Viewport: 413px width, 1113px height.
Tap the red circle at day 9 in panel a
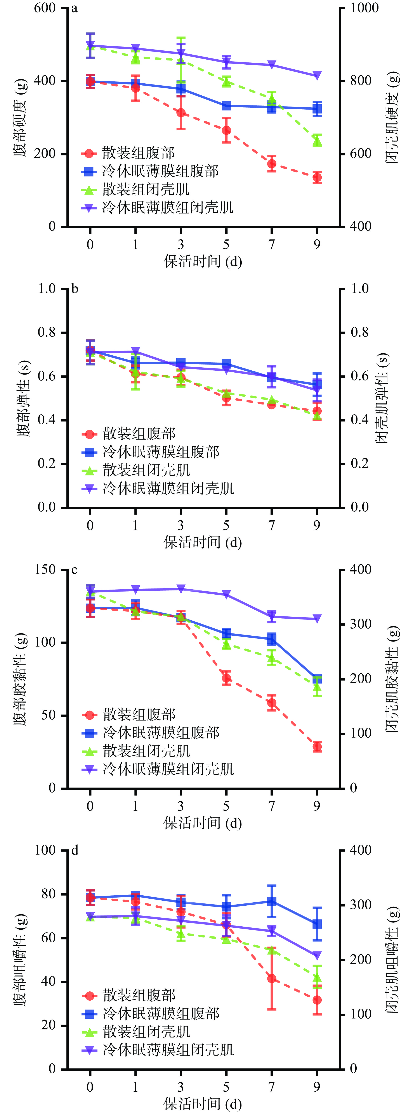tap(317, 177)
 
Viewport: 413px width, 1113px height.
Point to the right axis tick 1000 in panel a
tap(364, 8)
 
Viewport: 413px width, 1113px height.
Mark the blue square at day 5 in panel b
tap(226, 364)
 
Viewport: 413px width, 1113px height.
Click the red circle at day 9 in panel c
tap(317, 747)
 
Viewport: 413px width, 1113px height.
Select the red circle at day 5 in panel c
tap(226, 678)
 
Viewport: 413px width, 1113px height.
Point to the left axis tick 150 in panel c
tap(45, 569)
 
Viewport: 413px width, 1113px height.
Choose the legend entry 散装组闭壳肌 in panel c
tap(146, 751)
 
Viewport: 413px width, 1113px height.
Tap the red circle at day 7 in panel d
tap(272, 979)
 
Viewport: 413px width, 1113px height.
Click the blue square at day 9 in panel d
tap(317, 924)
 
